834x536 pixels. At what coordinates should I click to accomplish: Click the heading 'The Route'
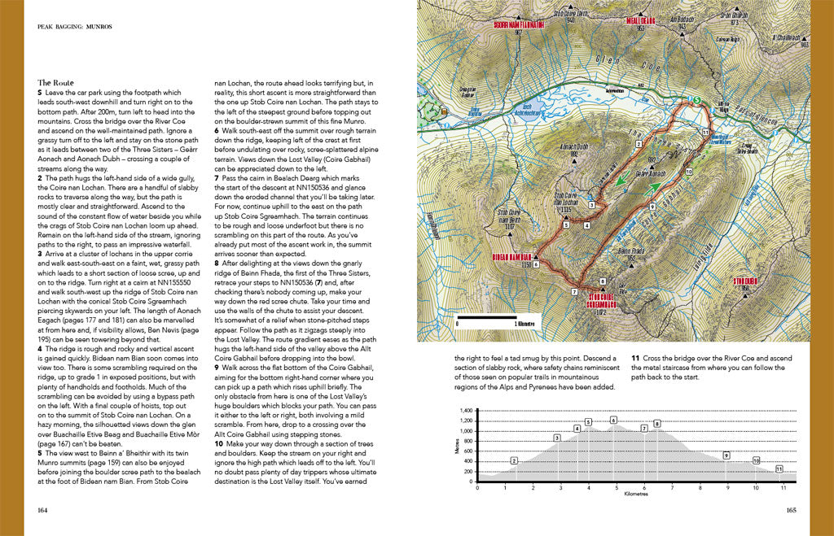(x=55, y=83)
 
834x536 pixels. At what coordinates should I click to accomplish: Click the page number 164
(x=43, y=510)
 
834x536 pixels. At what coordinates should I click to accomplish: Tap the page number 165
(x=790, y=510)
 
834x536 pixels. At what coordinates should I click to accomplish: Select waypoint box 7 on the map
(x=576, y=291)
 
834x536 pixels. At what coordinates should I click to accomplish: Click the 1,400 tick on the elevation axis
(x=466, y=410)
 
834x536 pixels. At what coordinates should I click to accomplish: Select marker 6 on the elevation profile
(x=612, y=420)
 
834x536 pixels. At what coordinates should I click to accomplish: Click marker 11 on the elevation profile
(x=779, y=468)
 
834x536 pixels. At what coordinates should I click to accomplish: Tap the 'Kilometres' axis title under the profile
(x=635, y=495)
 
